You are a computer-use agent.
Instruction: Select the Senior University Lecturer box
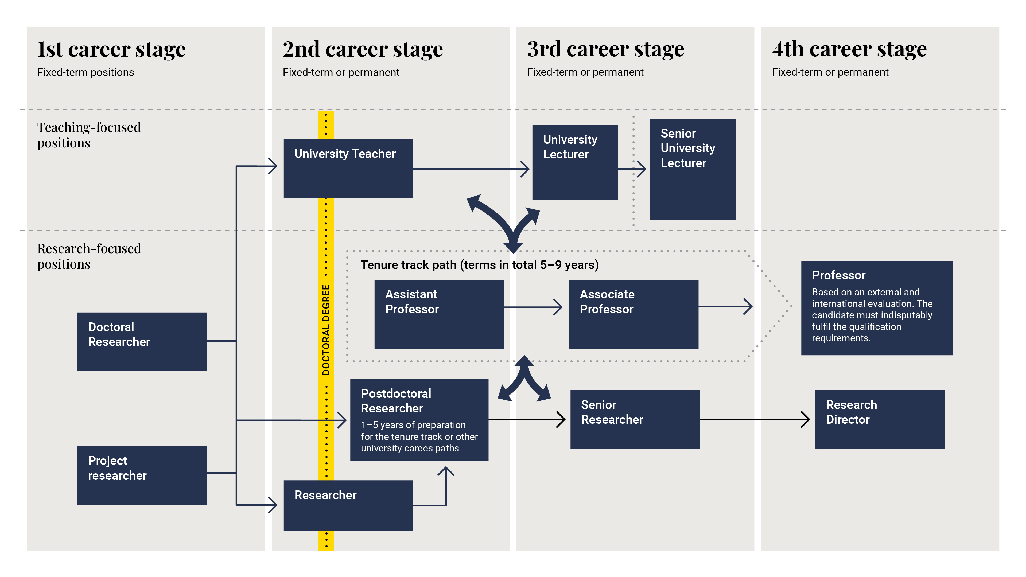pyautogui.click(x=692, y=169)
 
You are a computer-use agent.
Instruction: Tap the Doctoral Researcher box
pyautogui.click(x=142, y=341)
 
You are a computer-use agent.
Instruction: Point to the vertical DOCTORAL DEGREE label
pyautogui.click(x=326, y=330)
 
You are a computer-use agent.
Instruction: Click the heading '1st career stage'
pyautogui.click(x=111, y=49)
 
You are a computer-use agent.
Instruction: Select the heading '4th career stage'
pyautogui.click(x=849, y=49)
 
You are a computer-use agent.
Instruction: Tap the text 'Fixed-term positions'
pyautogui.click(x=85, y=72)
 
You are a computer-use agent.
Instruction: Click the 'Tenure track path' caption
pyautogui.click(x=479, y=265)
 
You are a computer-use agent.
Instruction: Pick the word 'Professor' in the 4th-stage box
pyautogui.click(x=838, y=275)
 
